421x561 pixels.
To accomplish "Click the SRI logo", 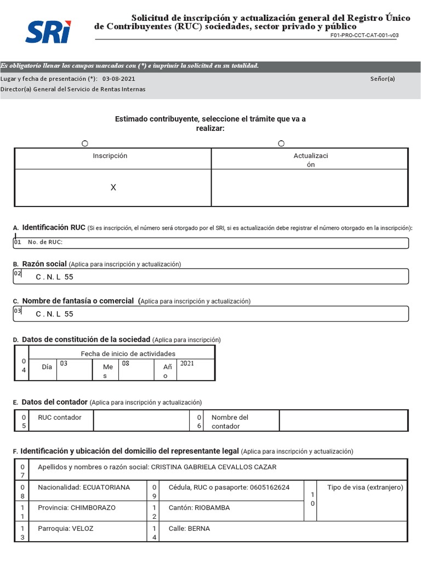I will click(48, 32).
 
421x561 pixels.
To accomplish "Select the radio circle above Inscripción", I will click(85, 144).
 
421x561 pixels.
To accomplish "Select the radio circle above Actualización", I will click(281, 144).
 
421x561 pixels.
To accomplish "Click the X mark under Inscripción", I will click(113, 187).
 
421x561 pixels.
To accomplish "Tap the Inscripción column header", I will click(110, 156).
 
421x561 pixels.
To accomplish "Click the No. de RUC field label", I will click(45, 242).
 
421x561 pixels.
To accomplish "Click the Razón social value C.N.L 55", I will click(54, 277).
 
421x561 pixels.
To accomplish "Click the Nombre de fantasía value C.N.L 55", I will click(54, 314).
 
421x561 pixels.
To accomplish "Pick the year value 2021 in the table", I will click(187, 363).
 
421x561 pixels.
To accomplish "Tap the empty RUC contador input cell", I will click(141, 421).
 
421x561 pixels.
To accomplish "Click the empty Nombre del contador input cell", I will click(343, 421).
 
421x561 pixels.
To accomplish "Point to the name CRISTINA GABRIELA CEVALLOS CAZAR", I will click(213, 467).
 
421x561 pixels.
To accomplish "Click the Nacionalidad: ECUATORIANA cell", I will click(84, 487).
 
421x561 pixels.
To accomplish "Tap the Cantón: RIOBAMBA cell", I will click(199, 508).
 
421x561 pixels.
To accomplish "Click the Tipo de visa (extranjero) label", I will click(365, 487).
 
